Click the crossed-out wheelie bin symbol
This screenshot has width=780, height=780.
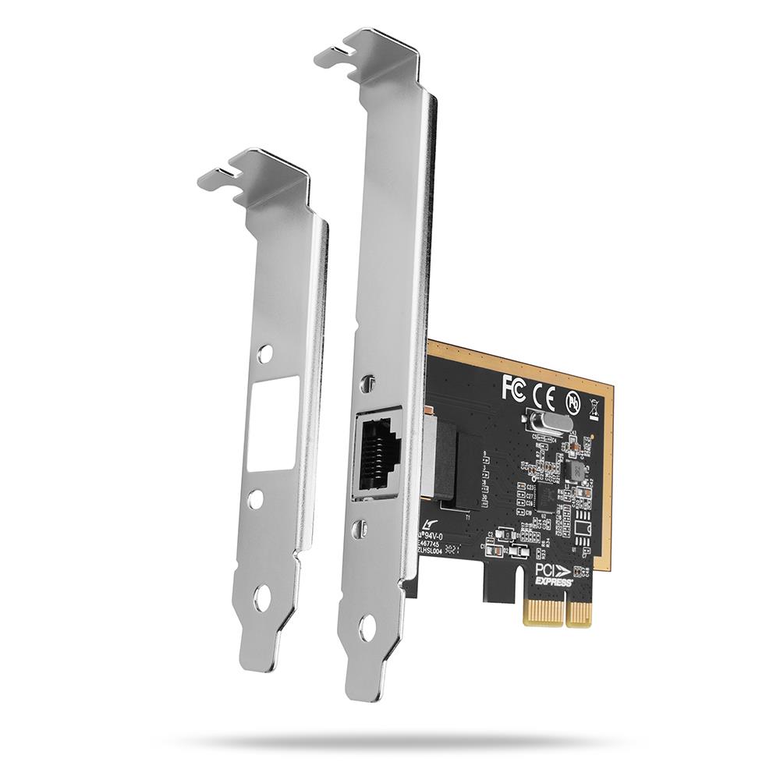(x=594, y=406)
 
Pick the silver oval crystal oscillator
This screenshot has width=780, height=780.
(x=544, y=424)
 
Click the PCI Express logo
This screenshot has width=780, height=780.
(x=554, y=575)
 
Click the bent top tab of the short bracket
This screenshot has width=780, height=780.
(x=250, y=168)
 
